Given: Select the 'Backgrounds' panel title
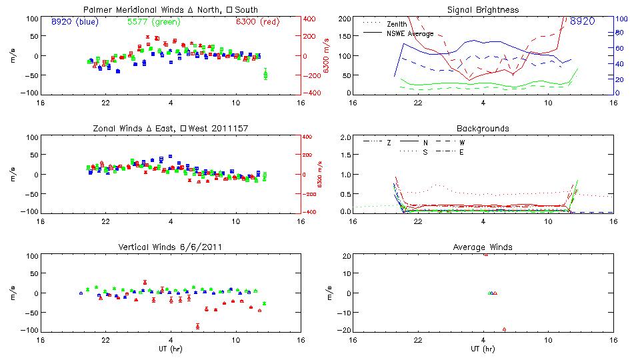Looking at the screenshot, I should pyautogui.click(x=483, y=128).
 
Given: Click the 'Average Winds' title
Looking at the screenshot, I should pyautogui.click(x=483, y=247).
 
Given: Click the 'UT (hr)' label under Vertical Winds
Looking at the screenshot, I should pyautogui.click(x=170, y=349).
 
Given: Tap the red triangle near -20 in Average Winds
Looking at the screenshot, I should pyautogui.click(x=504, y=329).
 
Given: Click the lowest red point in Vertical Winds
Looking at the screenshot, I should pyautogui.click(x=198, y=326).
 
